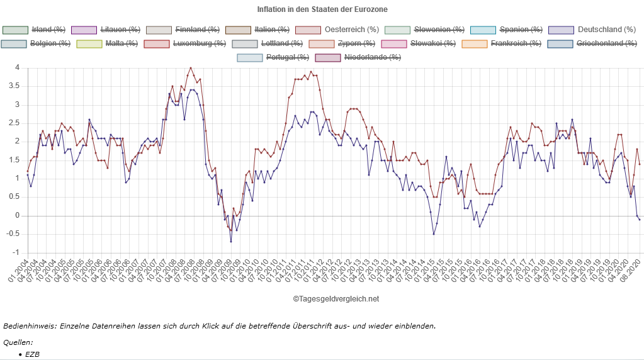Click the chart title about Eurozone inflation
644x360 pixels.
click(322, 9)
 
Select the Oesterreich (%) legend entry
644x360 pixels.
click(351, 30)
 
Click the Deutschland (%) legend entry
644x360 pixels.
click(607, 30)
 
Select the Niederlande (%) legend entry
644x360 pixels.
click(372, 57)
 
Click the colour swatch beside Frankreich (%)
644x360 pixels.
click(474, 43)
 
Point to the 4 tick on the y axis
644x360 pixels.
click(18, 67)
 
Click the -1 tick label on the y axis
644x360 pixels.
click(17, 252)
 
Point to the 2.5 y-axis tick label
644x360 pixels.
click(15, 123)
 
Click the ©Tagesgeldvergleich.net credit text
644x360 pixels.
click(336, 299)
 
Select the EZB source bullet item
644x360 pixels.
click(33, 354)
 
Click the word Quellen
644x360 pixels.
click(18, 342)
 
